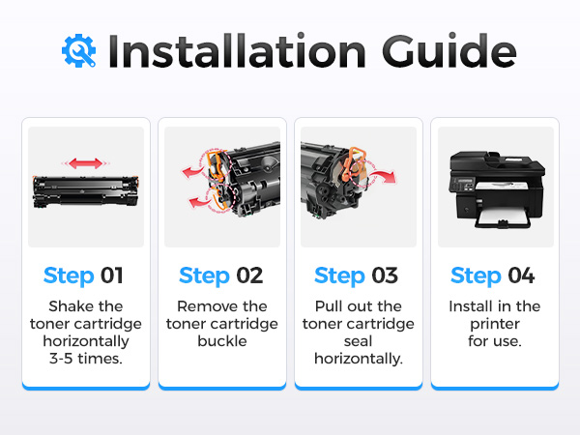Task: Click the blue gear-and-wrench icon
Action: pos(79,50)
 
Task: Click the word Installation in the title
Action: pos(237,51)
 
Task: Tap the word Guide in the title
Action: pos(449,50)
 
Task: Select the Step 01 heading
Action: pos(83,275)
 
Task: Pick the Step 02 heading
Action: pos(220,275)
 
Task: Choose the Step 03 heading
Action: pos(356,275)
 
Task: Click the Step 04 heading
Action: pos(493,275)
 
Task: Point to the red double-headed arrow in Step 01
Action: pos(85,163)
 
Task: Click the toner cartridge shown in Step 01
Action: pos(85,191)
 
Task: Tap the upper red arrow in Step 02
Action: pos(192,172)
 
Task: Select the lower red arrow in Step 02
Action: pos(199,201)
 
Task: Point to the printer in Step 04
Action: pos(497,189)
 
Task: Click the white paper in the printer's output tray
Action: pos(503,216)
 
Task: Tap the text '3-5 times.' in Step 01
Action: pos(86,359)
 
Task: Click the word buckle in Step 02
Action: pos(222,341)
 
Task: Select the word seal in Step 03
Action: pos(358,341)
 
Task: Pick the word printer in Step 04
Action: pos(495,325)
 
